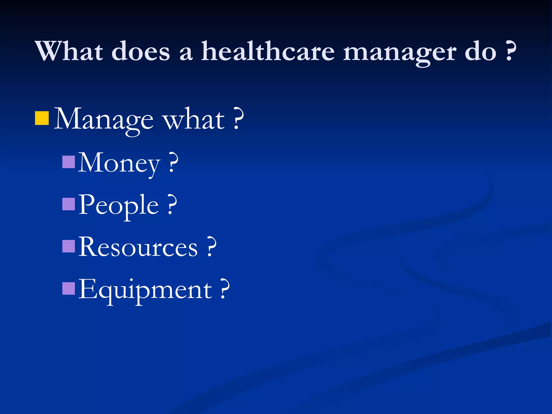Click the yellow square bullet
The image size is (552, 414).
pyautogui.click(x=42, y=118)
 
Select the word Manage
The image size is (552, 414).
pyautogui.click(x=104, y=120)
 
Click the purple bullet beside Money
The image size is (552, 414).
pyautogui.click(x=68, y=162)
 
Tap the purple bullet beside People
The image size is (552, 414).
pyautogui.click(x=68, y=204)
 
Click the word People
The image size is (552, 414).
pyautogui.click(x=119, y=205)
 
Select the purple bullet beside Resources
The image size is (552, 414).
pyautogui.click(x=68, y=246)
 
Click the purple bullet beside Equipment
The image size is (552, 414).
pyautogui.click(x=68, y=288)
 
